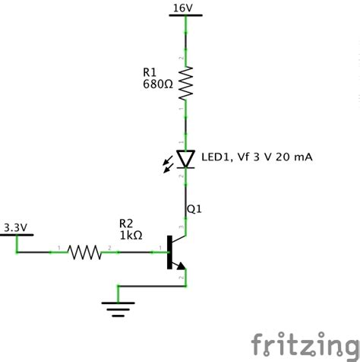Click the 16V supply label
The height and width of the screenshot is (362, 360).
(183, 8)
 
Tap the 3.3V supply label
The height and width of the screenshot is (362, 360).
(15, 227)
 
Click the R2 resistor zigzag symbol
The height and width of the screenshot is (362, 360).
(84, 252)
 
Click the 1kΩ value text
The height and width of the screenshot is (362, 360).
(131, 235)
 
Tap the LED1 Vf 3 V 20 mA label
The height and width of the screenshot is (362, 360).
(257, 157)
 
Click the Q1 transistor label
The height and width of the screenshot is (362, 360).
(194, 208)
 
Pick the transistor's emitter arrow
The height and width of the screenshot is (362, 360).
(180, 264)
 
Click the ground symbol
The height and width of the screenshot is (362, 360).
(118, 308)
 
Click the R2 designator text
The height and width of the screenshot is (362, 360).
(126, 224)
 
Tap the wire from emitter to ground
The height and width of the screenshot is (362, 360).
(152, 286)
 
